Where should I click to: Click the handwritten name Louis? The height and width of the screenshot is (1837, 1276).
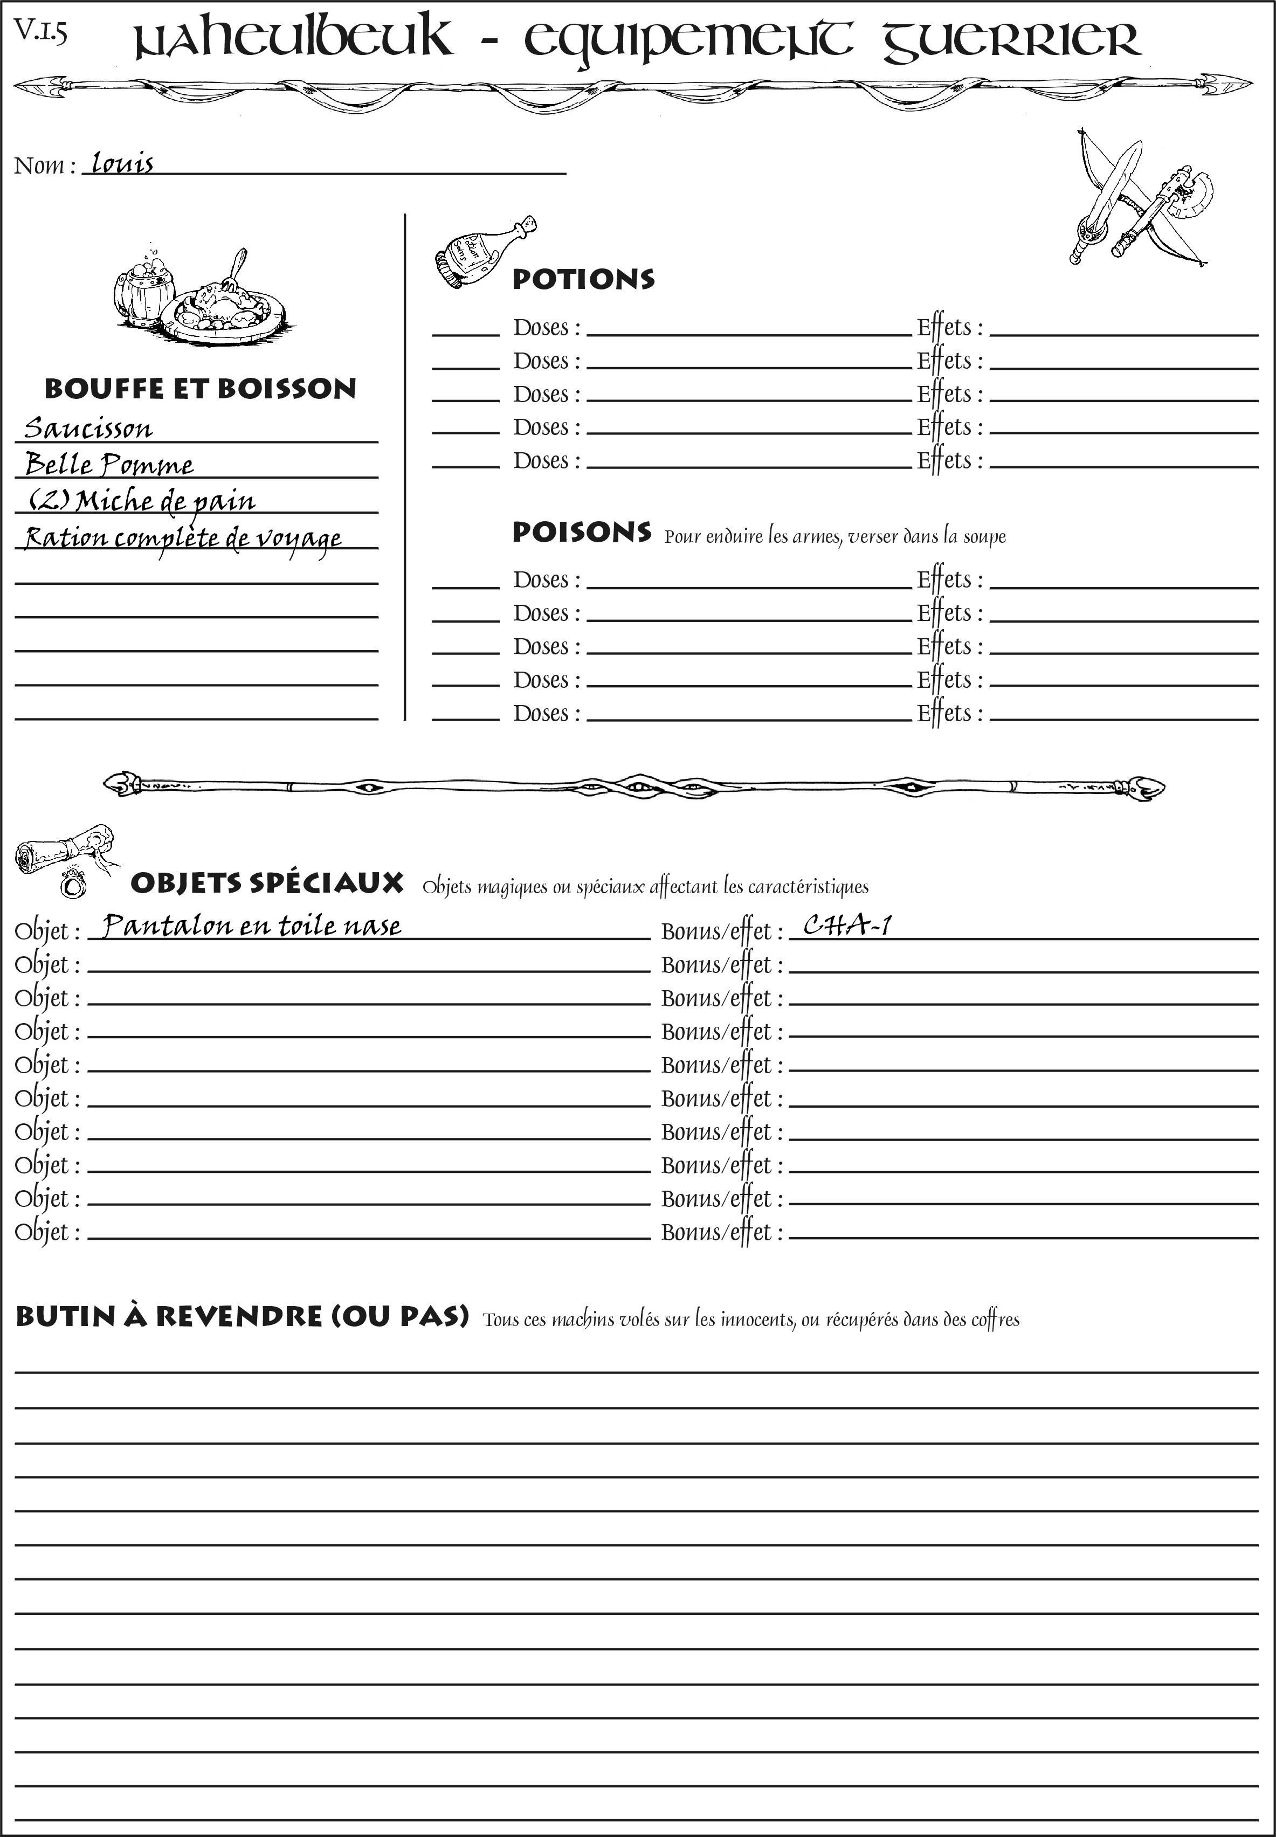121,163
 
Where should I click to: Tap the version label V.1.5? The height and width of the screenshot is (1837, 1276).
40,32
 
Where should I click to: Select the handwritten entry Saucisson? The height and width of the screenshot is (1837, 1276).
88,429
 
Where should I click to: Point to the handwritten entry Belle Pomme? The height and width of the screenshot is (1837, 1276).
109,465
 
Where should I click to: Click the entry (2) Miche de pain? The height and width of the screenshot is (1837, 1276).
142,501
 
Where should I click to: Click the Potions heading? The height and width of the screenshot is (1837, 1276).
583,279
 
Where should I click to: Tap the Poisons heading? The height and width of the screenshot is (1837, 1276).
581,533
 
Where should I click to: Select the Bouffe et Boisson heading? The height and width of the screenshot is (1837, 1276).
200,389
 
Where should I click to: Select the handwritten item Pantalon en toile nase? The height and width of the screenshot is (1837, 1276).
252,925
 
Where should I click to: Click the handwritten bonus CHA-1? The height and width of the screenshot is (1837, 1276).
847,925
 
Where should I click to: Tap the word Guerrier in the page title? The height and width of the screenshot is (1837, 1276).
1011,40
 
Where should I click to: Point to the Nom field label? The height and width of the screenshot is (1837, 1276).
44,165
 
